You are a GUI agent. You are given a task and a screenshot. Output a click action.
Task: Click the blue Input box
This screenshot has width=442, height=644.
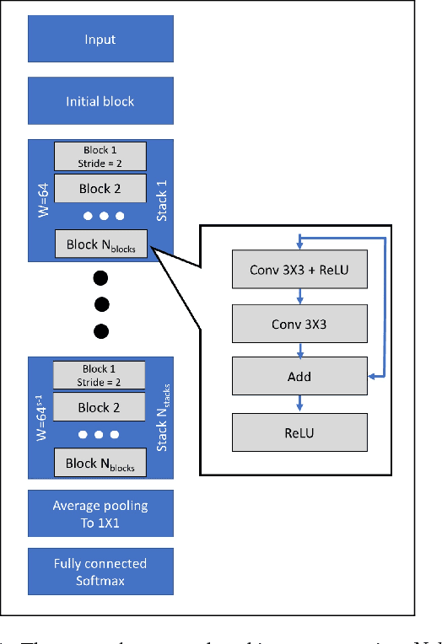[x=100, y=40]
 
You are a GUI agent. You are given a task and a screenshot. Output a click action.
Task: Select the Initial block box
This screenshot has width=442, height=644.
[x=100, y=101]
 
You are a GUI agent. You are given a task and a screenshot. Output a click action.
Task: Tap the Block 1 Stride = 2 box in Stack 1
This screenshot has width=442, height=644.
[x=100, y=156]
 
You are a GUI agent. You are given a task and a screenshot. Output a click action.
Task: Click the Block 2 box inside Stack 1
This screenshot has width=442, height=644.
[x=100, y=189]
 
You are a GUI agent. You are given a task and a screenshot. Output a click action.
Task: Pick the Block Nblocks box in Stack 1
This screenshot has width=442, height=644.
[x=100, y=246]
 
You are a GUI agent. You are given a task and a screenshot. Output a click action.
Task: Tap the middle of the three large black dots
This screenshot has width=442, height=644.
[x=100, y=303]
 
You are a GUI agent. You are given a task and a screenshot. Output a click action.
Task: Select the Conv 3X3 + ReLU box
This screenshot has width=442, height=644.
[x=301, y=271]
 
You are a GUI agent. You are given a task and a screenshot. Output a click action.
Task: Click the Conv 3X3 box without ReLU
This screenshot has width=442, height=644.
[x=301, y=324]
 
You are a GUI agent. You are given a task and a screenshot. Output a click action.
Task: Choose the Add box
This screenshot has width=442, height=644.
[x=301, y=377]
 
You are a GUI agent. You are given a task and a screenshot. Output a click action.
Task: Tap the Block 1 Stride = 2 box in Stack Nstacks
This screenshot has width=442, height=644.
[x=100, y=374]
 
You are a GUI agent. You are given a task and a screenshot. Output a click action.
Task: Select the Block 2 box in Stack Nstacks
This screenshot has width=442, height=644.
[x=100, y=407]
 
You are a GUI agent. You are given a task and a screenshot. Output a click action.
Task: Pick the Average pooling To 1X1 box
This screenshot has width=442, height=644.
[x=100, y=513]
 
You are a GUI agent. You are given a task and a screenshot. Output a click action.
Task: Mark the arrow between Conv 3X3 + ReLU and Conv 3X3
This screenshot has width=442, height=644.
[x=301, y=297]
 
